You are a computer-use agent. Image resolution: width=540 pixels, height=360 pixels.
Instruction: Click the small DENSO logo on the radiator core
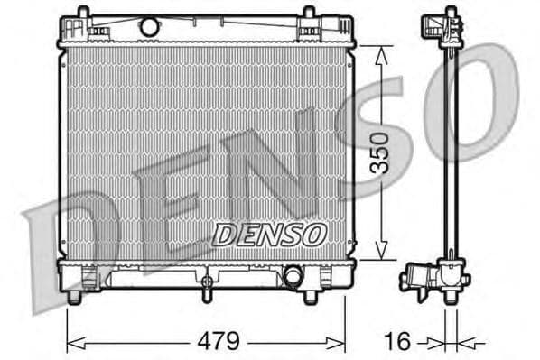[268, 235]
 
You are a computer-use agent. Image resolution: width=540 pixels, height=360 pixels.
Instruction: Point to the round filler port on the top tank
[150, 27]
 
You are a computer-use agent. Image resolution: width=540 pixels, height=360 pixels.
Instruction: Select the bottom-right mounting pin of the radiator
[311, 295]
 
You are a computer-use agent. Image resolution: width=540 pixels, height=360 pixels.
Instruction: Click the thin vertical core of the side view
[449, 153]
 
